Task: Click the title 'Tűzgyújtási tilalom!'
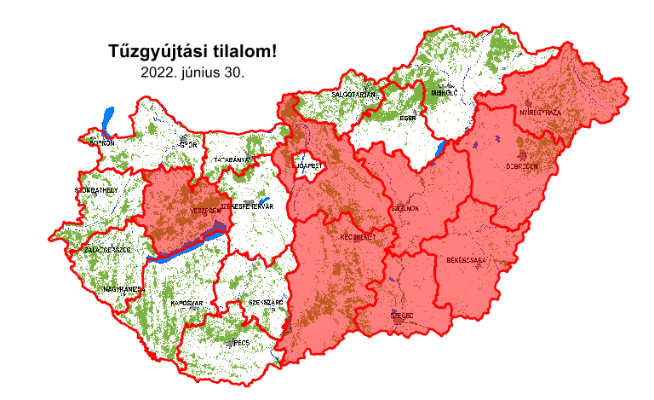(x=193, y=52)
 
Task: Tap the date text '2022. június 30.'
(x=193, y=73)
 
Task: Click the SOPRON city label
(x=101, y=143)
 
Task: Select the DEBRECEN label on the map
(x=522, y=166)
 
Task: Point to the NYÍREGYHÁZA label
(x=541, y=113)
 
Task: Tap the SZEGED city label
(x=402, y=315)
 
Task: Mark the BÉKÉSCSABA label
(x=466, y=258)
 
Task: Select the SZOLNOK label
(x=404, y=206)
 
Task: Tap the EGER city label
(x=407, y=118)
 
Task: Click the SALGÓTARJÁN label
(x=353, y=94)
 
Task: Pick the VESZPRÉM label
(x=206, y=210)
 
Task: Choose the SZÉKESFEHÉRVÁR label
(x=246, y=206)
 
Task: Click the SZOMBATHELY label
(x=96, y=189)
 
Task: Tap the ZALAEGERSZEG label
(x=107, y=250)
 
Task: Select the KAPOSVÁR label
(x=185, y=303)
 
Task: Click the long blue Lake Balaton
(x=183, y=248)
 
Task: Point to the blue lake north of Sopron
(x=106, y=120)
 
